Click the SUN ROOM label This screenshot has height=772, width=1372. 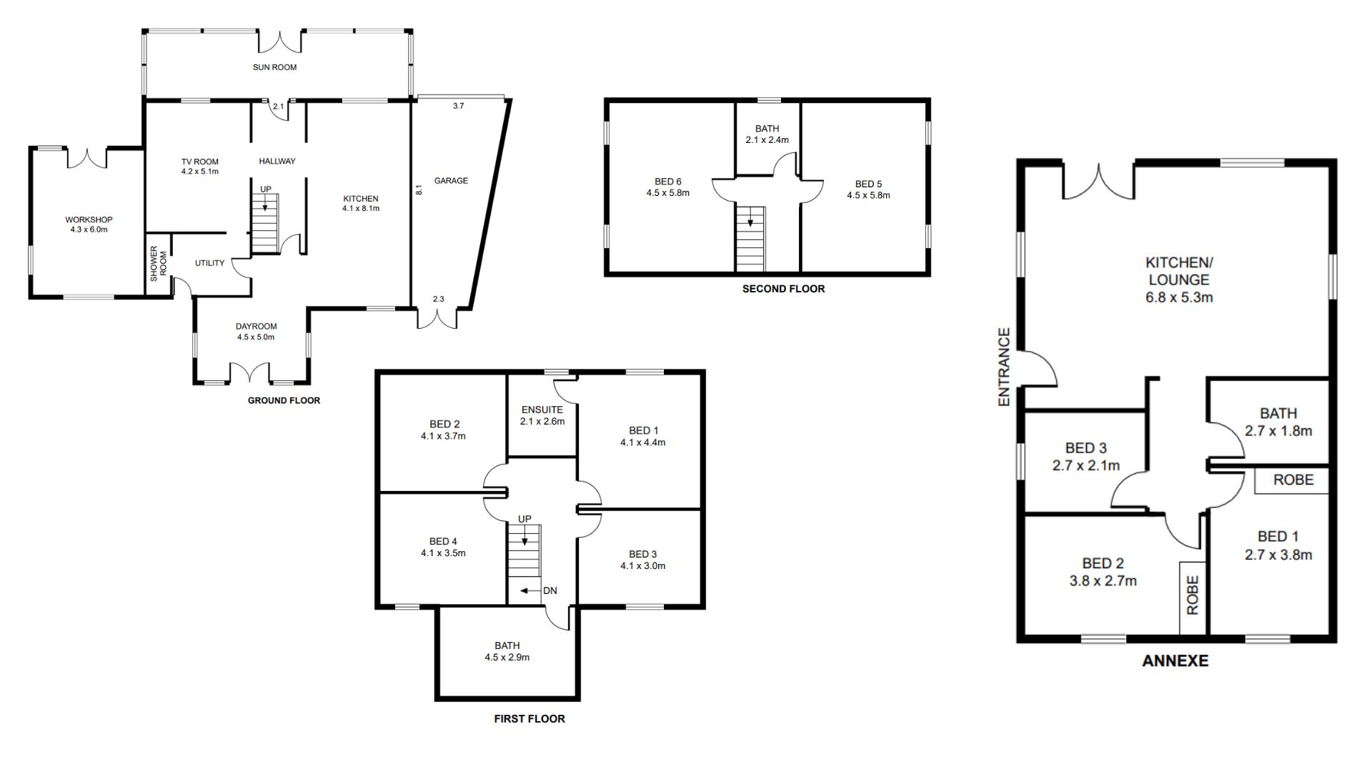click(274, 67)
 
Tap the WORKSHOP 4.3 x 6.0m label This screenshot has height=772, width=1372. click(89, 224)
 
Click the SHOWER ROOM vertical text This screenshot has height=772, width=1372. click(158, 263)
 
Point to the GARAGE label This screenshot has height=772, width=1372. click(451, 181)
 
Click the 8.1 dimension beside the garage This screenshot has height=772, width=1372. click(419, 190)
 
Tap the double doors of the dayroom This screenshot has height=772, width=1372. click(249, 372)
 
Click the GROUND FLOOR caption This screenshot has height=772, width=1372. click(284, 400)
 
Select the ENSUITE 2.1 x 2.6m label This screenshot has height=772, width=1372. click(542, 415)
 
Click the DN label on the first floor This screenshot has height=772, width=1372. click(550, 590)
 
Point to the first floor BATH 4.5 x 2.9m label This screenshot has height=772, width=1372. click(507, 651)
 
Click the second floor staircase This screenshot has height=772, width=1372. click(750, 239)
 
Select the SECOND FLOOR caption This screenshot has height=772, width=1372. click(783, 289)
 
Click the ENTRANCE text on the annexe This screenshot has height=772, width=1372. click(1004, 367)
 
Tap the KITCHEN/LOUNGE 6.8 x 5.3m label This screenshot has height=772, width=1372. click(1179, 279)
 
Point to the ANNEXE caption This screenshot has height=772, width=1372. click(1175, 660)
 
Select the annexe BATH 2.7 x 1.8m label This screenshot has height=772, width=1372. click(1278, 422)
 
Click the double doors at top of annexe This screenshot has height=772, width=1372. click(1098, 183)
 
